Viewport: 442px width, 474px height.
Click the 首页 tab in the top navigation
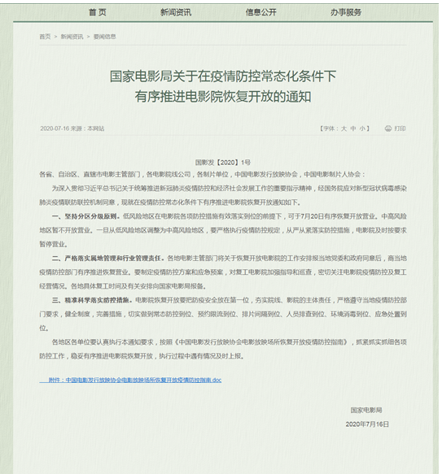(x=97, y=12)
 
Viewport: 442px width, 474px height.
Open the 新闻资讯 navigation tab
(x=176, y=12)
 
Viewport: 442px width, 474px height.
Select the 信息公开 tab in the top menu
(x=261, y=12)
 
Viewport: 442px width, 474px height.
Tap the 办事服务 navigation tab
(x=346, y=12)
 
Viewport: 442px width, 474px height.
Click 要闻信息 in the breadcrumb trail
(x=105, y=37)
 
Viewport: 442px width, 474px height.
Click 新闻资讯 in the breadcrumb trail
(x=73, y=37)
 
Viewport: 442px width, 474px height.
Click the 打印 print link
(x=399, y=128)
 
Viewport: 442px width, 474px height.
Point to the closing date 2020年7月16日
(x=368, y=424)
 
